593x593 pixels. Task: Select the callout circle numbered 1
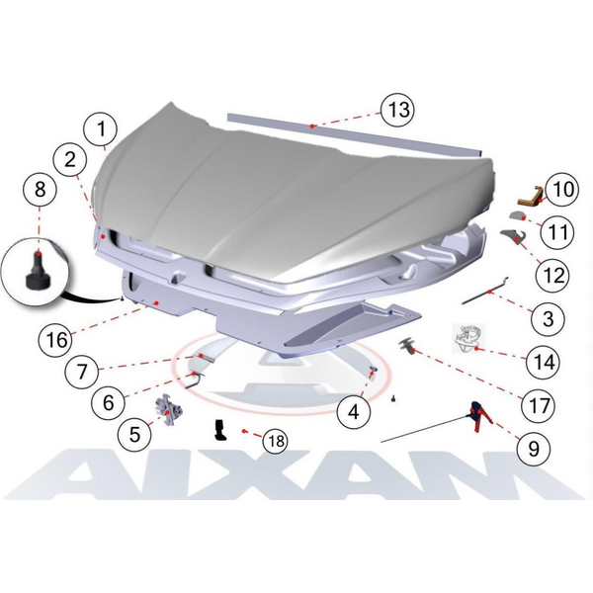point(101,128)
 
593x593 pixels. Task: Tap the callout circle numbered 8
point(40,189)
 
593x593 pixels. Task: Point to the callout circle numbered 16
point(56,339)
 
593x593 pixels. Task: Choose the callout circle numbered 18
point(276,441)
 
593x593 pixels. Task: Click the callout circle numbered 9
point(534,449)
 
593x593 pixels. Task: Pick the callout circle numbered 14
point(544,362)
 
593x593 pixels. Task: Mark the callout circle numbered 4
point(354,412)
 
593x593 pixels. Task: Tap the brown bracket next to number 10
point(530,198)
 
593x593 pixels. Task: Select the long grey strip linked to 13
point(355,134)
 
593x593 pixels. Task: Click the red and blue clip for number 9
point(479,415)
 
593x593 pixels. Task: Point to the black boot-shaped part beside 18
point(220,430)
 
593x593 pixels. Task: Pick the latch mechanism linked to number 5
point(168,409)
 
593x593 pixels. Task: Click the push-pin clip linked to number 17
point(407,345)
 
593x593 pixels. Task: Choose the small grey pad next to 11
point(517,215)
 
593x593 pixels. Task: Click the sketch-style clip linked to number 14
point(468,338)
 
